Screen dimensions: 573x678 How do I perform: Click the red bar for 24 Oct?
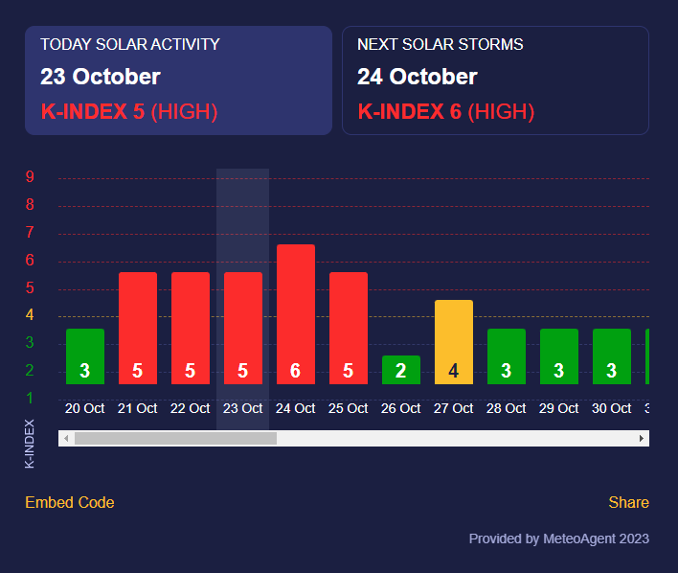click(295, 314)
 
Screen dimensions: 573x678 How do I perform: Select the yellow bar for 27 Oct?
click(453, 342)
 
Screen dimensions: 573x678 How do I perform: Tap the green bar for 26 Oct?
click(400, 370)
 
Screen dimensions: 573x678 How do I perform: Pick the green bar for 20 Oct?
click(84, 356)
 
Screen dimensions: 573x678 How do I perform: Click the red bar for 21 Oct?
click(137, 328)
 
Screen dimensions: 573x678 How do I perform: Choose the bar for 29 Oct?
click(558, 356)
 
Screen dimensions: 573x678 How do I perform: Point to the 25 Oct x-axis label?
click(348, 408)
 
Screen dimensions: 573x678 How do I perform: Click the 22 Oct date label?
click(190, 408)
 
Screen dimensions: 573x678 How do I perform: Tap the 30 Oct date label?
click(611, 408)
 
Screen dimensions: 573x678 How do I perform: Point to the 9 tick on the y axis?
click(30, 176)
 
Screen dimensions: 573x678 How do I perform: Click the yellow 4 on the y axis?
click(30, 315)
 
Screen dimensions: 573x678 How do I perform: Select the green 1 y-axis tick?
click(30, 398)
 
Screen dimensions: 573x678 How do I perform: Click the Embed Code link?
click(69, 502)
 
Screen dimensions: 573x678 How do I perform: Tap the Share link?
click(628, 502)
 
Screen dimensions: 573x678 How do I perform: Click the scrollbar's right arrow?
click(642, 438)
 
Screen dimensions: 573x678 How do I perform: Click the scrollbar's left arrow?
click(65, 438)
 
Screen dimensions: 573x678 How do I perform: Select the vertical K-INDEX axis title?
click(30, 443)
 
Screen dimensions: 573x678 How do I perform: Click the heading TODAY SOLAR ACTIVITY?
click(129, 44)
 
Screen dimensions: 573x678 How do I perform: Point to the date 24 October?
click(417, 77)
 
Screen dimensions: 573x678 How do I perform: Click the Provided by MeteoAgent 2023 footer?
click(558, 539)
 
